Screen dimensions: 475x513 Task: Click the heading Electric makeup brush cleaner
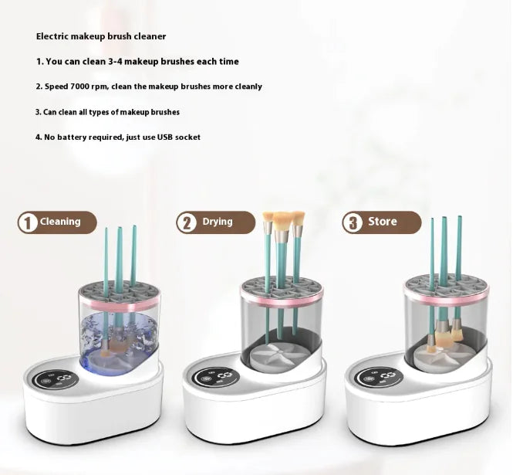click(101, 36)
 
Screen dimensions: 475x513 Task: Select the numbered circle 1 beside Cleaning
click(29, 222)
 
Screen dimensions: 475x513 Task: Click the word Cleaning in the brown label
click(60, 222)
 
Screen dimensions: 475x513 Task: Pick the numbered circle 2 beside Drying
click(187, 222)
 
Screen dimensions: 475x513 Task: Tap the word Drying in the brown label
click(218, 222)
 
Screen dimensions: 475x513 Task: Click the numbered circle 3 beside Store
click(353, 222)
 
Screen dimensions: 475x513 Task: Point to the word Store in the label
click(383, 222)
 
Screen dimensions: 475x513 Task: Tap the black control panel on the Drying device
click(217, 378)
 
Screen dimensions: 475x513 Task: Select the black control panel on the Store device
click(377, 378)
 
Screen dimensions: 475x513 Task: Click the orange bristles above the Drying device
click(282, 220)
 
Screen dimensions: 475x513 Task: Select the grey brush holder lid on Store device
click(447, 285)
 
